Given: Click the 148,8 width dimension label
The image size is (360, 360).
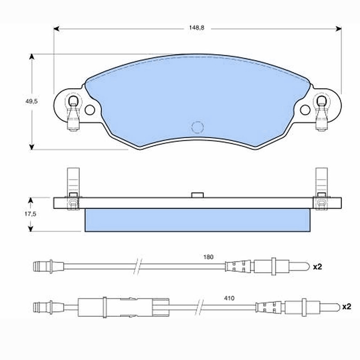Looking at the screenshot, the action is point(197,28).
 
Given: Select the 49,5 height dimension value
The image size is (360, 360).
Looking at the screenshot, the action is point(31,101).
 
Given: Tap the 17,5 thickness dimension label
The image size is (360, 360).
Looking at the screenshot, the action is point(30,214).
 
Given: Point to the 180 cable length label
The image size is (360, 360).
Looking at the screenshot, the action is point(208,257).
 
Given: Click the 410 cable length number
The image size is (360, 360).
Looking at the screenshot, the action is point(229,298).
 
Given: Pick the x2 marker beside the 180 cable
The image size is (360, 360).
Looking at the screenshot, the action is point(318,266).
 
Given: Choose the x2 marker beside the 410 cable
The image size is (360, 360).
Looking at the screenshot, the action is point(346,306).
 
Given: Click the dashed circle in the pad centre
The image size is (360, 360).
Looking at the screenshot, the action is point(198,127).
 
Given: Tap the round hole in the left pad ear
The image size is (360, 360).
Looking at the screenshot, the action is point(90,110).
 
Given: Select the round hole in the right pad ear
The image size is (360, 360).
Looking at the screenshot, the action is point(305,110).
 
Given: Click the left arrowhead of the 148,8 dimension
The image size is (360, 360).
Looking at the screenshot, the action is point(57,29).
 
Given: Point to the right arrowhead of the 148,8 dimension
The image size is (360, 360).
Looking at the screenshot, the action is point(338,29).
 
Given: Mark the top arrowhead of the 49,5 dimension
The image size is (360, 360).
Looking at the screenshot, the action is point(31,57).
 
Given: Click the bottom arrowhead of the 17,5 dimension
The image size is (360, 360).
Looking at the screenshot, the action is point(31,229).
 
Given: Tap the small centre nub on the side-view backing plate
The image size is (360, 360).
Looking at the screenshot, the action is point(198,195).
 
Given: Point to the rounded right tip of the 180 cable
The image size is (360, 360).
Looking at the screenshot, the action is point(308,266).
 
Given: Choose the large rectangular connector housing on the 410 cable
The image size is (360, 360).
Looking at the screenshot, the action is point(123,307).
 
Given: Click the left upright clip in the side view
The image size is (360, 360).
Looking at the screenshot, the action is point(73,188).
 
